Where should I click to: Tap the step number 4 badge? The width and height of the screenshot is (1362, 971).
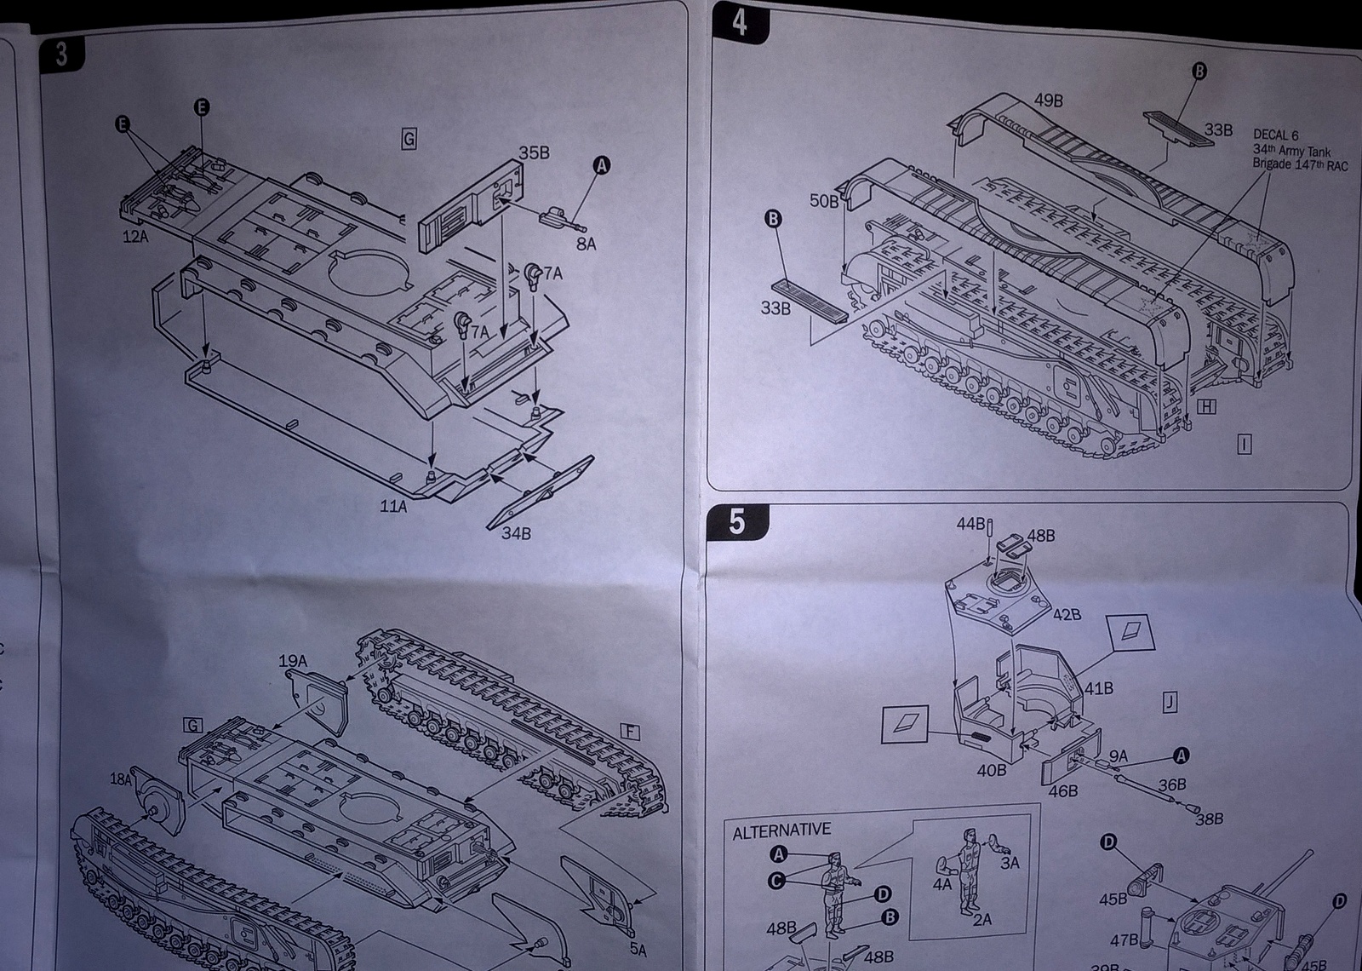tap(738, 23)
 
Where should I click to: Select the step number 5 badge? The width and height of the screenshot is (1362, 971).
tap(737, 521)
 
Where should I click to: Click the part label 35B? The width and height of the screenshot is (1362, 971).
tap(534, 152)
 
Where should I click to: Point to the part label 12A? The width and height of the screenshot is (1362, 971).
tap(134, 237)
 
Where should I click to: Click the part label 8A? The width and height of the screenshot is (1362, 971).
tap(586, 244)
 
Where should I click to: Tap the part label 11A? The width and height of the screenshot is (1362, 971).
tap(393, 506)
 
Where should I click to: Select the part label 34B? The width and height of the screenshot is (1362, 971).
tap(516, 534)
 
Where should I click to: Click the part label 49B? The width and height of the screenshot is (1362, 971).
tap(1049, 101)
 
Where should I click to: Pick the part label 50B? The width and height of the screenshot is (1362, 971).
tap(823, 201)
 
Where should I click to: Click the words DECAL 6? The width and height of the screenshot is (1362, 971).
tap(1276, 135)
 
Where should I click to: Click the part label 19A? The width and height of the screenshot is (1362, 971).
tap(292, 661)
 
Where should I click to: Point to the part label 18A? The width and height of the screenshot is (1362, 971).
tap(121, 779)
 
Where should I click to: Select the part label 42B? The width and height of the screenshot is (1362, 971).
tap(1067, 614)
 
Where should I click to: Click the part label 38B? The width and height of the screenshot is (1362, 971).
tap(1210, 819)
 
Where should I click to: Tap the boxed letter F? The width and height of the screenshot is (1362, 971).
tap(630, 733)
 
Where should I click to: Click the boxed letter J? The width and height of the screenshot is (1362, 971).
tap(1170, 702)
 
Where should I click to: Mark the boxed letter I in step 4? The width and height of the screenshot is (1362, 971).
tap(1245, 443)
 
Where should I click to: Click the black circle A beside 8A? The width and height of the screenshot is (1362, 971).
tap(601, 166)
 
